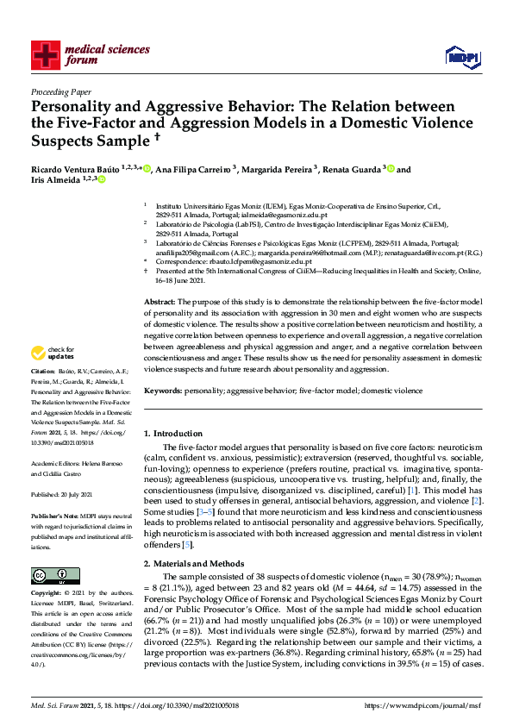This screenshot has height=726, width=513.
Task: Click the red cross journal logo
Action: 44,54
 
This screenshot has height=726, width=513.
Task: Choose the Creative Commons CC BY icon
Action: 49,574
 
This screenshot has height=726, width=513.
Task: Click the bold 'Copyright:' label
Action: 47,594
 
